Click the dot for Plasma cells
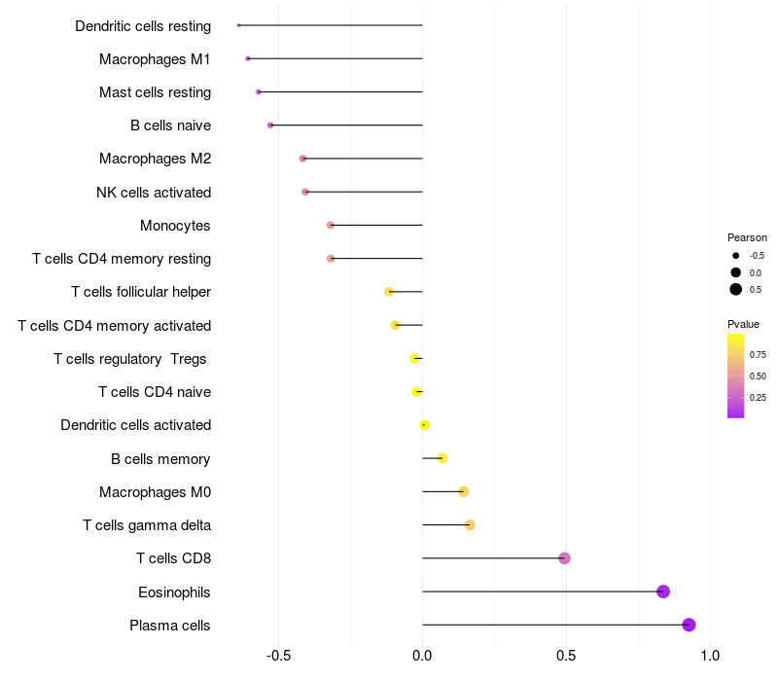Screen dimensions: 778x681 689,625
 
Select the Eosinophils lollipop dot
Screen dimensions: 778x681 663,591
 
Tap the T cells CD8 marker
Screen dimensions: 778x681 564,558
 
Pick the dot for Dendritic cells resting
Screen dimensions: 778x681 238,25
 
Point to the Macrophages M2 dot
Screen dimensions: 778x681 302,159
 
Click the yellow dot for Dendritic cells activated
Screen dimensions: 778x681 424,425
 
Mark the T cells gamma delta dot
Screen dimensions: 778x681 470,525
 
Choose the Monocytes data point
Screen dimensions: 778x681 331,226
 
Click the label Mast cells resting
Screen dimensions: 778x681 155,92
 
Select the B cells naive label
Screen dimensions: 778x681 170,125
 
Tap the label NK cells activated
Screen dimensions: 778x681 154,192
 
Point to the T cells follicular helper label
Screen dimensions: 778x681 141,292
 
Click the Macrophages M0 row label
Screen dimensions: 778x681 155,492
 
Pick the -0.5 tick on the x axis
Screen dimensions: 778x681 278,656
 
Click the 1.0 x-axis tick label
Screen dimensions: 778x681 710,656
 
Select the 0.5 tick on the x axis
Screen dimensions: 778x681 566,656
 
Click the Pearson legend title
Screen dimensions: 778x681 747,237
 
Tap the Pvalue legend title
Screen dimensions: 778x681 743,324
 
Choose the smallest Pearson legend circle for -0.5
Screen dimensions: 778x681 736,256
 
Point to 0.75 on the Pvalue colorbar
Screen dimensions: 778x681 758,355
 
